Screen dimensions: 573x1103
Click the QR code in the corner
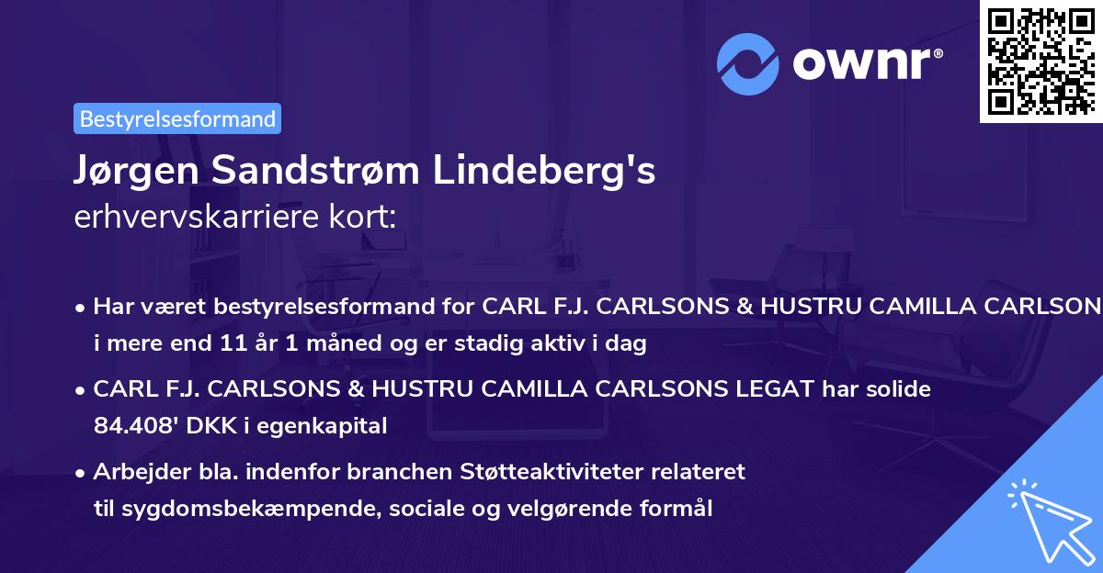[1040, 62]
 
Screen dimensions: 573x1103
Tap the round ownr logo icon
[747, 64]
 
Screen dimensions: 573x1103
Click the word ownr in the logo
[866, 63]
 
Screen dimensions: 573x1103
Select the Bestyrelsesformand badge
[177, 118]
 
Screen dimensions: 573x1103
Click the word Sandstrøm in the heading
[333, 172]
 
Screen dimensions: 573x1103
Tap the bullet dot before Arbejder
[82, 473]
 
